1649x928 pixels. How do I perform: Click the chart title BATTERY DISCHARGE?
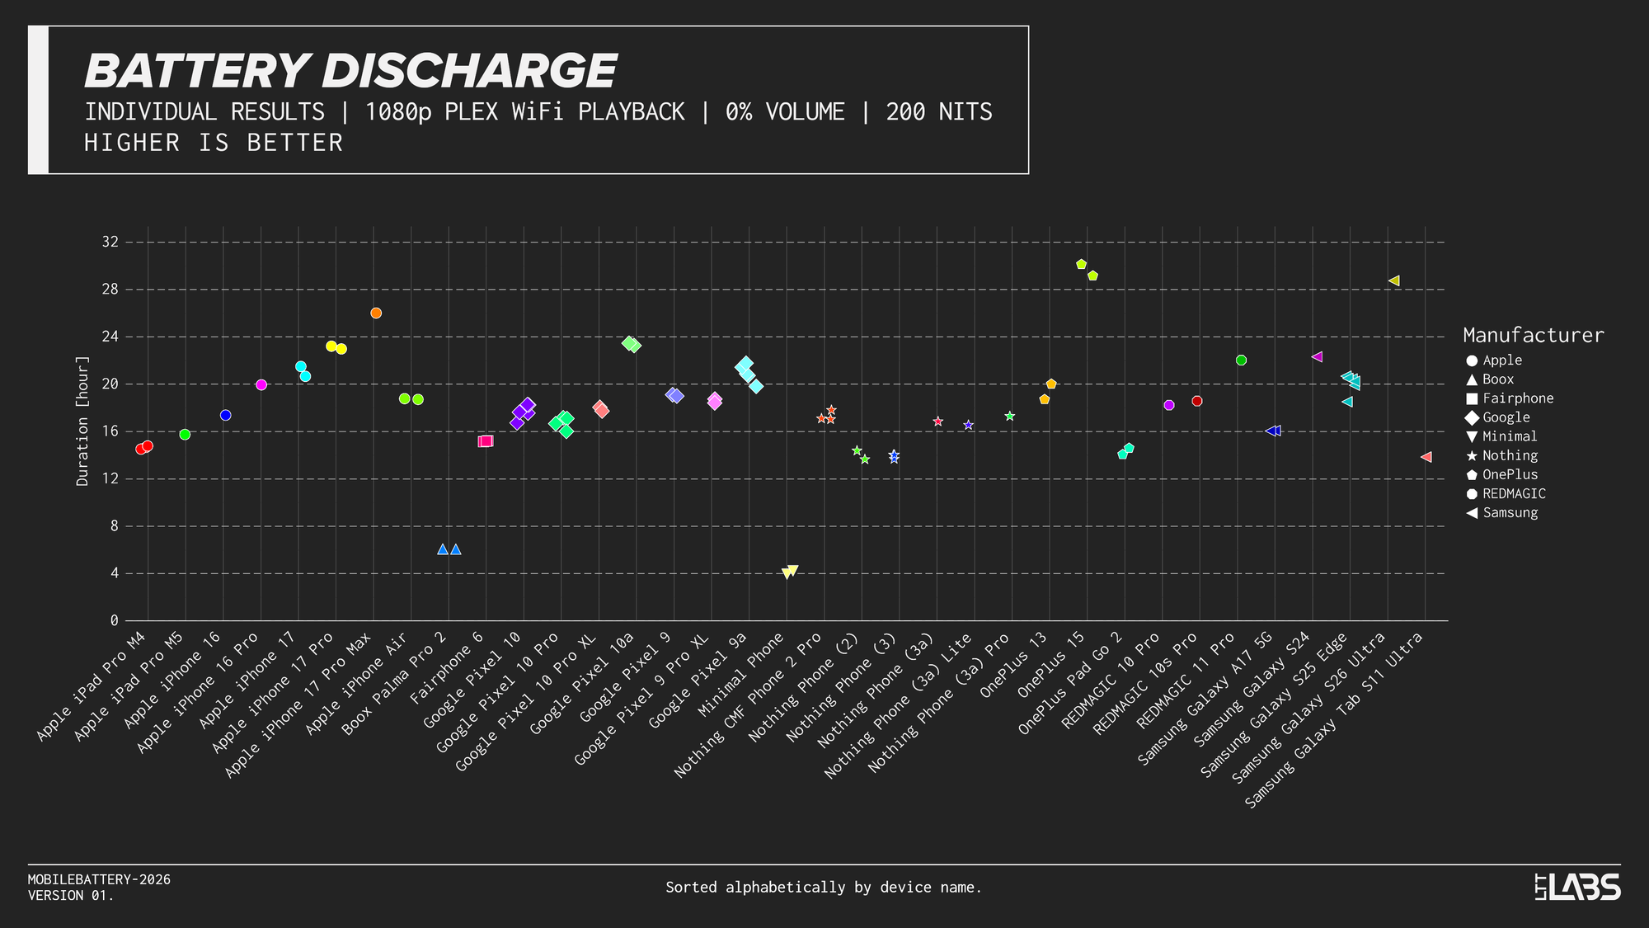coord(350,71)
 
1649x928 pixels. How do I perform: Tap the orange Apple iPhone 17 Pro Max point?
coord(376,313)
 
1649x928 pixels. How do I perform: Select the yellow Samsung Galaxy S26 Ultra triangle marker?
coord(1393,281)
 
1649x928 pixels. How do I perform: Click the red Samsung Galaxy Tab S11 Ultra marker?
coord(1426,457)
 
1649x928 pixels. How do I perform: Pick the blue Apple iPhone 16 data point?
coord(225,416)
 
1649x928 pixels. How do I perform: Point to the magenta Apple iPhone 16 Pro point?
coord(261,385)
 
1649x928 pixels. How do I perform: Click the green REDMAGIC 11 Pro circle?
coord(1241,360)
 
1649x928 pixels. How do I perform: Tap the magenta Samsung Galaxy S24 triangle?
coord(1317,357)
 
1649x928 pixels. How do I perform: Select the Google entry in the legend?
coord(1506,417)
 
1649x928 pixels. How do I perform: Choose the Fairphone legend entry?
coord(1517,398)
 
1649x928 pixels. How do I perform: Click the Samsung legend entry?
coord(1510,513)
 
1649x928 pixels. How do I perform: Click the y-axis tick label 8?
coord(115,526)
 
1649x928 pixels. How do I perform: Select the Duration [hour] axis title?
coord(82,421)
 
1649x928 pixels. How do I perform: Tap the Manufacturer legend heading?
coord(1533,336)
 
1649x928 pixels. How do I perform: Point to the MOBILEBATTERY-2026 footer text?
coord(99,880)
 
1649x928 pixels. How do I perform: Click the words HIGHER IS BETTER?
coord(214,144)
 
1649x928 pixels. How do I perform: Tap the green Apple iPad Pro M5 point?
coord(185,435)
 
